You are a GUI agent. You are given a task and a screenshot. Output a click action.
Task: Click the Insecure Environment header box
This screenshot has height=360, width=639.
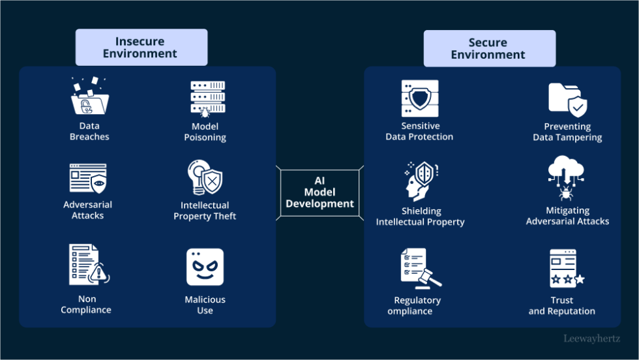click(x=141, y=48)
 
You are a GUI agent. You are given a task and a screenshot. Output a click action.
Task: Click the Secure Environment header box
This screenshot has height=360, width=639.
click(x=488, y=49)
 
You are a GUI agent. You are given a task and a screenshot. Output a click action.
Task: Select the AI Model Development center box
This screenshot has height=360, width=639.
click(x=319, y=193)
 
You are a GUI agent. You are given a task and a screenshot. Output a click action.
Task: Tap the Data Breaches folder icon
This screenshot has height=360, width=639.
click(x=89, y=97)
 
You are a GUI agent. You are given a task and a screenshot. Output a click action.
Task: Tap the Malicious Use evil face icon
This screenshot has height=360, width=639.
click(x=205, y=267)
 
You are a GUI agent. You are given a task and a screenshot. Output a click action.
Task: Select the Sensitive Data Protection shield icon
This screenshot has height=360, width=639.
click(x=419, y=98)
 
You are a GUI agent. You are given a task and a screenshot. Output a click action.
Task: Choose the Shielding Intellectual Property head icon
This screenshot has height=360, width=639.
click(x=419, y=181)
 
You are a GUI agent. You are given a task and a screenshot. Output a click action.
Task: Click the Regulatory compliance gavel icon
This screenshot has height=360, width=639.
click(x=419, y=268)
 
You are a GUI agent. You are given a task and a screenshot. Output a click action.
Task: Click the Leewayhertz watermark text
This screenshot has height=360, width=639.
click(x=593, y=338)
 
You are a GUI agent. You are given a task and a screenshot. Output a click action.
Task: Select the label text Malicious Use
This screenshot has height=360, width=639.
click(x=205, y=305)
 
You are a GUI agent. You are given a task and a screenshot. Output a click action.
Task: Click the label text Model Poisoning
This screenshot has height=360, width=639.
click(x=205, y=132)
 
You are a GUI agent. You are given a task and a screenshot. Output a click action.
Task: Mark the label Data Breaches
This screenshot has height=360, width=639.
click(x=89, y=131)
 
